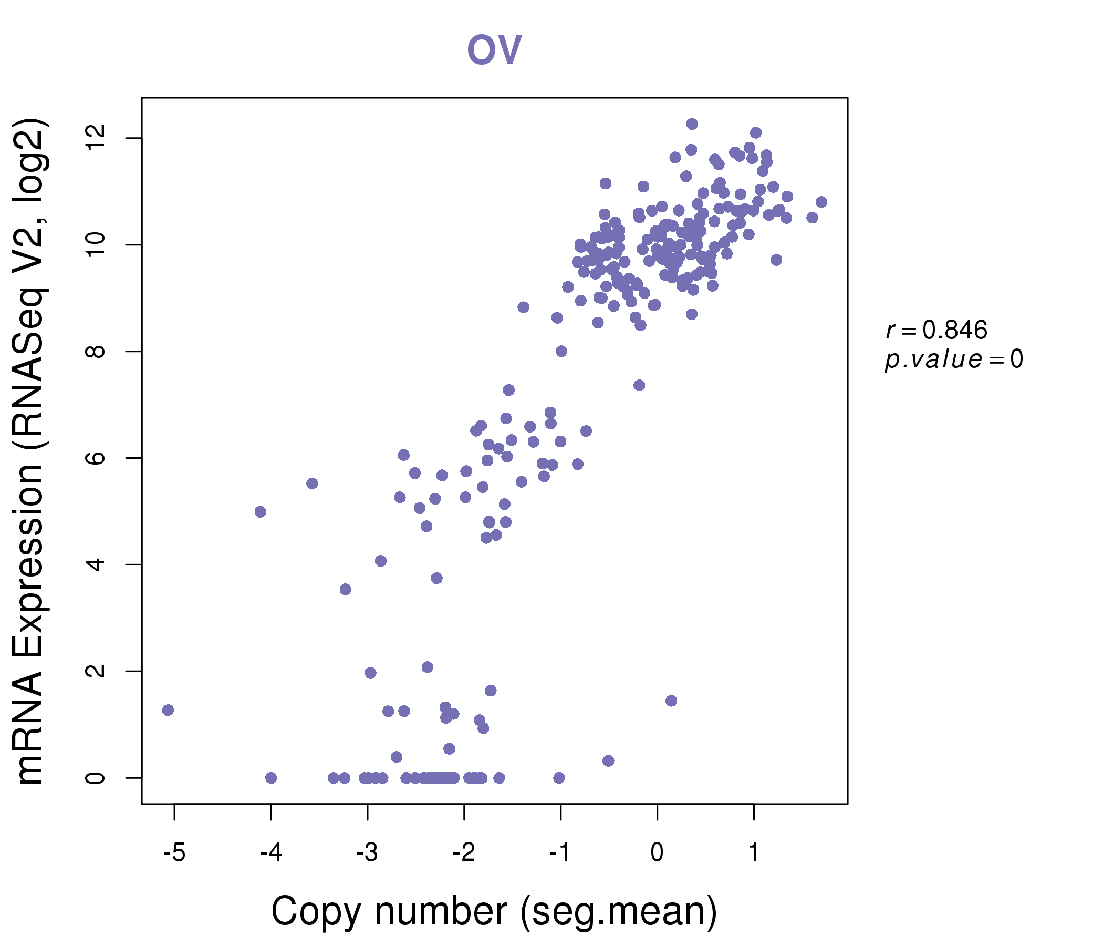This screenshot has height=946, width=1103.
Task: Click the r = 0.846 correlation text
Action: pos(936,331)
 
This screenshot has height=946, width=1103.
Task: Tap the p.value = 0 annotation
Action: pos(953,360)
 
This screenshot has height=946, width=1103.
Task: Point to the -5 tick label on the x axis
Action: pos(174,853)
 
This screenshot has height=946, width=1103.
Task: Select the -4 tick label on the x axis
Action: pos(270,853)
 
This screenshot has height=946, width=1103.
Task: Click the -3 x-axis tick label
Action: pos(367,853)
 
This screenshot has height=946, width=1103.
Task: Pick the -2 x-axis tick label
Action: pos(464,853)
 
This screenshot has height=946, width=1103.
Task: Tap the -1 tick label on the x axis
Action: pos(560,853)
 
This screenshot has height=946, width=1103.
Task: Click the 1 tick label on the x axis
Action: pos(753,853)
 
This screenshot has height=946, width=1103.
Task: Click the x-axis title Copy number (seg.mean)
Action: pos(494,912)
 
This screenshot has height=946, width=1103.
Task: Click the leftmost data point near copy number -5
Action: pos(168,710)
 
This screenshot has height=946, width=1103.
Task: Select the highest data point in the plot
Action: pos(692,124)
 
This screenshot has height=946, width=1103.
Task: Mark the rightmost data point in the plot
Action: pos(821,202)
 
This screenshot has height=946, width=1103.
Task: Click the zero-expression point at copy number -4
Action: pos(271,778)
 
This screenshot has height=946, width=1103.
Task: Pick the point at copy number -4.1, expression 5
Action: pos(261,512)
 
